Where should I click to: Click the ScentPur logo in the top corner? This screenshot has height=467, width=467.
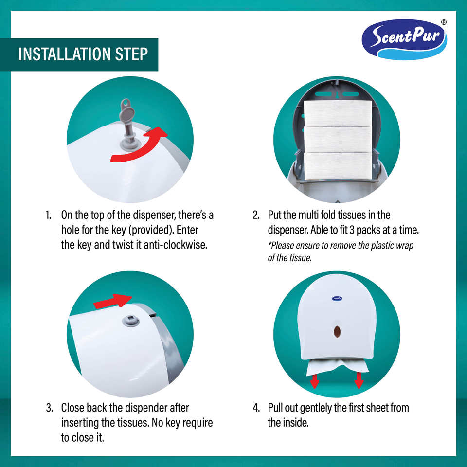404,39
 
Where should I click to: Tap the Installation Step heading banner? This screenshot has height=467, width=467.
79,54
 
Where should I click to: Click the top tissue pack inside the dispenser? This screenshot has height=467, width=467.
338,113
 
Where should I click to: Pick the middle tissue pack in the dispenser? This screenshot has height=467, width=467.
338,140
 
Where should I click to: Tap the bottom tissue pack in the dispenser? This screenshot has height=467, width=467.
338,165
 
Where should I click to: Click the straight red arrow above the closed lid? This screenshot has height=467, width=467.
113,300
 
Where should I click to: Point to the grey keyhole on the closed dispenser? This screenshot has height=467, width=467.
131,321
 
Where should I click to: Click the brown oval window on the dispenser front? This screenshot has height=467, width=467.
337,331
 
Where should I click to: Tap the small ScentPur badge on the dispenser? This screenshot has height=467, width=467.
337,298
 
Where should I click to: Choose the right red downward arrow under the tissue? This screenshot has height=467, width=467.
359,380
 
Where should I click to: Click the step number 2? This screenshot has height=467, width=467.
256,215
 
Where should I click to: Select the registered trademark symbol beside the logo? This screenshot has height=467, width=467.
444,22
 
